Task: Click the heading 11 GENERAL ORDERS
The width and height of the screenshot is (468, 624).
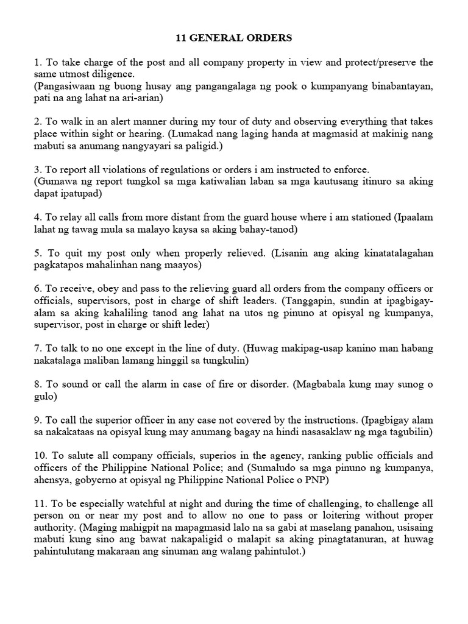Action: (x=234, y=38)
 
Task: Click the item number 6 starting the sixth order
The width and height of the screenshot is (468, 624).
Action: (x=38, y=289)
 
